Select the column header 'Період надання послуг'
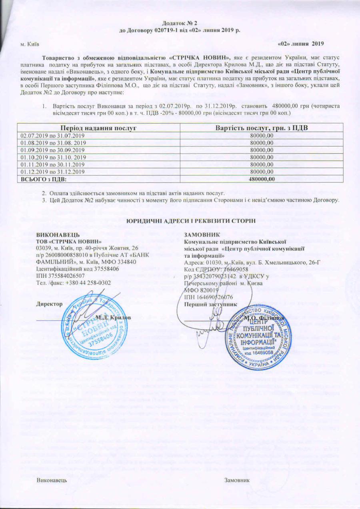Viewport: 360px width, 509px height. pyautogui.click(x=98, y=128)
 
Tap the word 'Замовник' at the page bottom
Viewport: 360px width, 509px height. pyautogui.click(x=237, y=480)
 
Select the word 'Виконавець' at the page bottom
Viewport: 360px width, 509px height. pyautogui.click(x=52, y=480)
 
